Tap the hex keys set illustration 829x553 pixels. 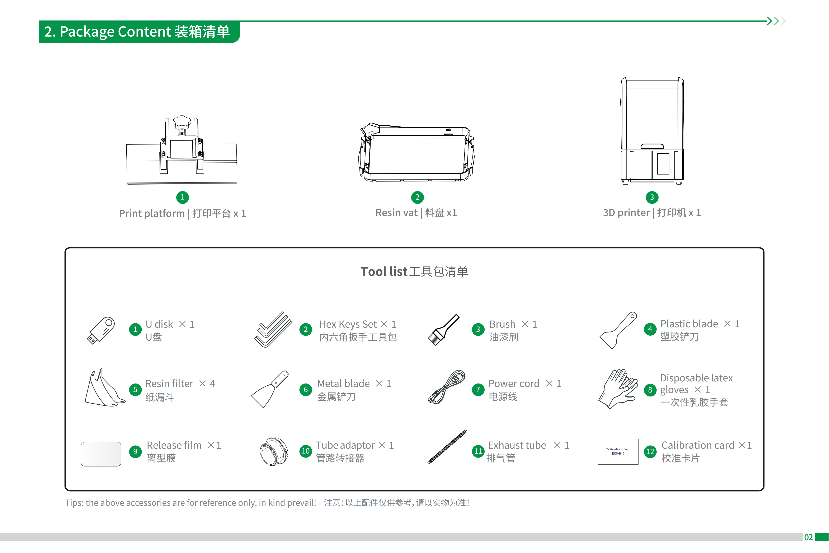tap(273, 330)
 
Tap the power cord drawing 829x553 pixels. tap(446, 387)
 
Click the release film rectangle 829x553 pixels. tap(101, 454)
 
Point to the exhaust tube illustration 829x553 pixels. tap(447, 447)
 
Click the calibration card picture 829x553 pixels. tap(618, 451)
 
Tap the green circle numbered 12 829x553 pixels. tap(650, 451)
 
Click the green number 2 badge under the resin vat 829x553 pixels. tap(417, 197)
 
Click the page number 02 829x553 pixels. tap(808, 537)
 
